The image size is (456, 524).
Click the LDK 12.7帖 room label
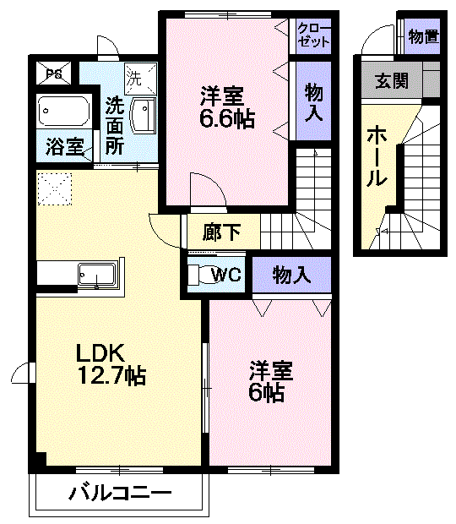pos(111,363)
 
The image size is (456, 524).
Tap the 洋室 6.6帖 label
pos(227,106)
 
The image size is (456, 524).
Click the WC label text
pos(228,275)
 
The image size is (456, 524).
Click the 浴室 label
pos(64,147)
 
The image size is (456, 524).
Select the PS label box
pos(54,74)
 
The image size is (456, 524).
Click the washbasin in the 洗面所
pos(146,114)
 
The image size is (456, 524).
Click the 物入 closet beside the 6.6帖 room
pos(313,101)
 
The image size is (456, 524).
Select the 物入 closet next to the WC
pos(292,275)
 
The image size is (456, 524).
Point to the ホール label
pos(377,156)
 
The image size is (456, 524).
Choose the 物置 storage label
pos(423,36)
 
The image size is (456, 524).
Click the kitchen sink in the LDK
pos(95,275)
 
